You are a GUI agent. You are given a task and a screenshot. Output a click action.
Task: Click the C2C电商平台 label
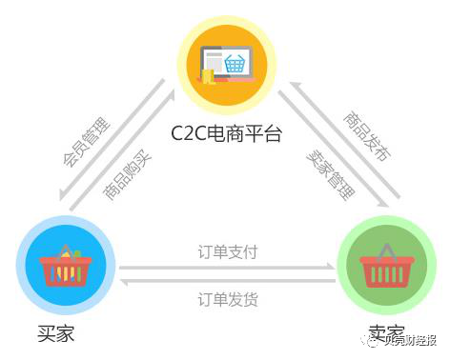[226, 132]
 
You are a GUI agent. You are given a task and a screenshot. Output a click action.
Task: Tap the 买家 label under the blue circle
[56, 333]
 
